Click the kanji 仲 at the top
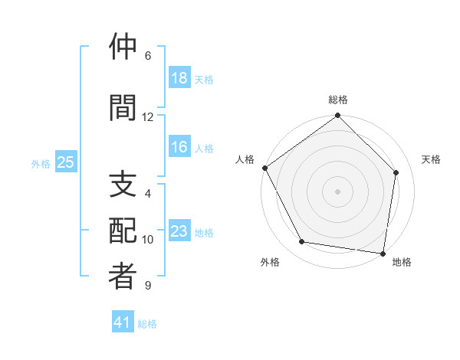pyautogui.click(x=123, y=47)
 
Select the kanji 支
pyautogui.click(x=123, y=185)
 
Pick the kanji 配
pyautogui.click(x=123, y=231)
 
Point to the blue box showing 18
pyautogui.click(x=179, y=78)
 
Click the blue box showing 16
pyautogui.click(x=179, y=148)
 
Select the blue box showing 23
pyautogui.click(x=179, y=232)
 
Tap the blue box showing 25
pyautogui.click(x=65, y=162)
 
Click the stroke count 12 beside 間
pyautogui.click(x=148, y=116)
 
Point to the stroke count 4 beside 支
pyautogui.click(x=148, y=194)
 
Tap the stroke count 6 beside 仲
pyautogui.click(x=148, y=56)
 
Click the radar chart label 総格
pyautogui.click(x=338, y=100)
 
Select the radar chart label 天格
pyautogui.click(x=431, y=159)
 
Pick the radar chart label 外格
pyautogui.click(x=270, y=262)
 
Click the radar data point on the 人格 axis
pyautogui.click(x=264, y=168)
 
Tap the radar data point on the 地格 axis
pyautogui.click(x=383, y=253)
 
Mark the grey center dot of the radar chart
pyautogui.click(x=338, y=191)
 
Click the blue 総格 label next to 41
pyautogui.click(x=147, y=324)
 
